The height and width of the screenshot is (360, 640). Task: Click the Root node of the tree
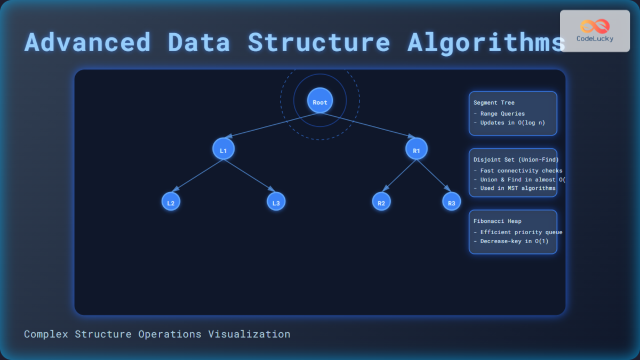point(320,100)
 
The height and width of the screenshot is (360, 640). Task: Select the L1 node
point(223,149)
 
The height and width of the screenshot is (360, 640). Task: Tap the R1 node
point(417,149)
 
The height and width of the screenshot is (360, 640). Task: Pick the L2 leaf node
point(171,202)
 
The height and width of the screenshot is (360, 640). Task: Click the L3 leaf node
point(276,202)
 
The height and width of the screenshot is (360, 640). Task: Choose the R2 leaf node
point(381,202)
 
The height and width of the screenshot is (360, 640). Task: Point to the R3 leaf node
point(451,202)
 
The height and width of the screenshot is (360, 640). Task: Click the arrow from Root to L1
point(272,125)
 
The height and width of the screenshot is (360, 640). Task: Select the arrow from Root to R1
point(368,125)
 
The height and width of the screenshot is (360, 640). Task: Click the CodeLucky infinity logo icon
point(595,26)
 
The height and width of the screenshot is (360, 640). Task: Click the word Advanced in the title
point(87,43)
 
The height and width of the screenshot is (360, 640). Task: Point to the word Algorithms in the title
point(486,43)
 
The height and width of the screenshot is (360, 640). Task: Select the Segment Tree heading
point(494,103)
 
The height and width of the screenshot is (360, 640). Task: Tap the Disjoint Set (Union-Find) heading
point(516,159)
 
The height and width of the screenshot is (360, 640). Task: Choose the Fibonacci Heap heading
point(497,221)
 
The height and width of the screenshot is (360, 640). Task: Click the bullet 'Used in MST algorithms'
point(514,188)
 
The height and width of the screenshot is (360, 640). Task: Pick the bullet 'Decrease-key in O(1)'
point(510,241)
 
